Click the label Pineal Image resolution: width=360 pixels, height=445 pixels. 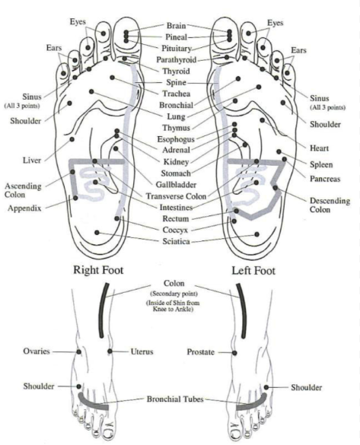coord(177,37)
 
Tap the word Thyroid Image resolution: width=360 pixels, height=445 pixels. coord(176,71)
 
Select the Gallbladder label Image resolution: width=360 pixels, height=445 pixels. coord(176,185)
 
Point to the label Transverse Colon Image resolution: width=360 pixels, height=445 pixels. coord(176,196)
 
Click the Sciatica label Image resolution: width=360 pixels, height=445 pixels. coord(176,241)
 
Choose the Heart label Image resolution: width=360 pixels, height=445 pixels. coord(319,148)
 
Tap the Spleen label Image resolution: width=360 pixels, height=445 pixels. coord(321,164)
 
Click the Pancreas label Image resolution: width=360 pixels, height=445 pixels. coord(325,179)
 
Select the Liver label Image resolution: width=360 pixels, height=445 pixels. coord(32,161)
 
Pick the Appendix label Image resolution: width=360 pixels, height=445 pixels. coord(24,208)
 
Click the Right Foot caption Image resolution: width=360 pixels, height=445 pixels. coord(98,270)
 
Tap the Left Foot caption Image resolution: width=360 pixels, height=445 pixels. coord(253,271)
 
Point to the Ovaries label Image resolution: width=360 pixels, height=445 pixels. coord(37,351)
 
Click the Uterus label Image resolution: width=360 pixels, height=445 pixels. coord(142,351)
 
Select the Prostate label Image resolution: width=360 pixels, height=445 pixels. coord(200,352)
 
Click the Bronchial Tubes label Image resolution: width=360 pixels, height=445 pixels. coord(175,399)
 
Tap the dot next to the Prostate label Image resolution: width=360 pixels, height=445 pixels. coord(234,353)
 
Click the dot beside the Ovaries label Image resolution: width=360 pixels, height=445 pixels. coord(78,352)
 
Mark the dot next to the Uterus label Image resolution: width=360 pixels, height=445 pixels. coord(110,351)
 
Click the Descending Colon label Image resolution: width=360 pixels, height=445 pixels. coord(330,205)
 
